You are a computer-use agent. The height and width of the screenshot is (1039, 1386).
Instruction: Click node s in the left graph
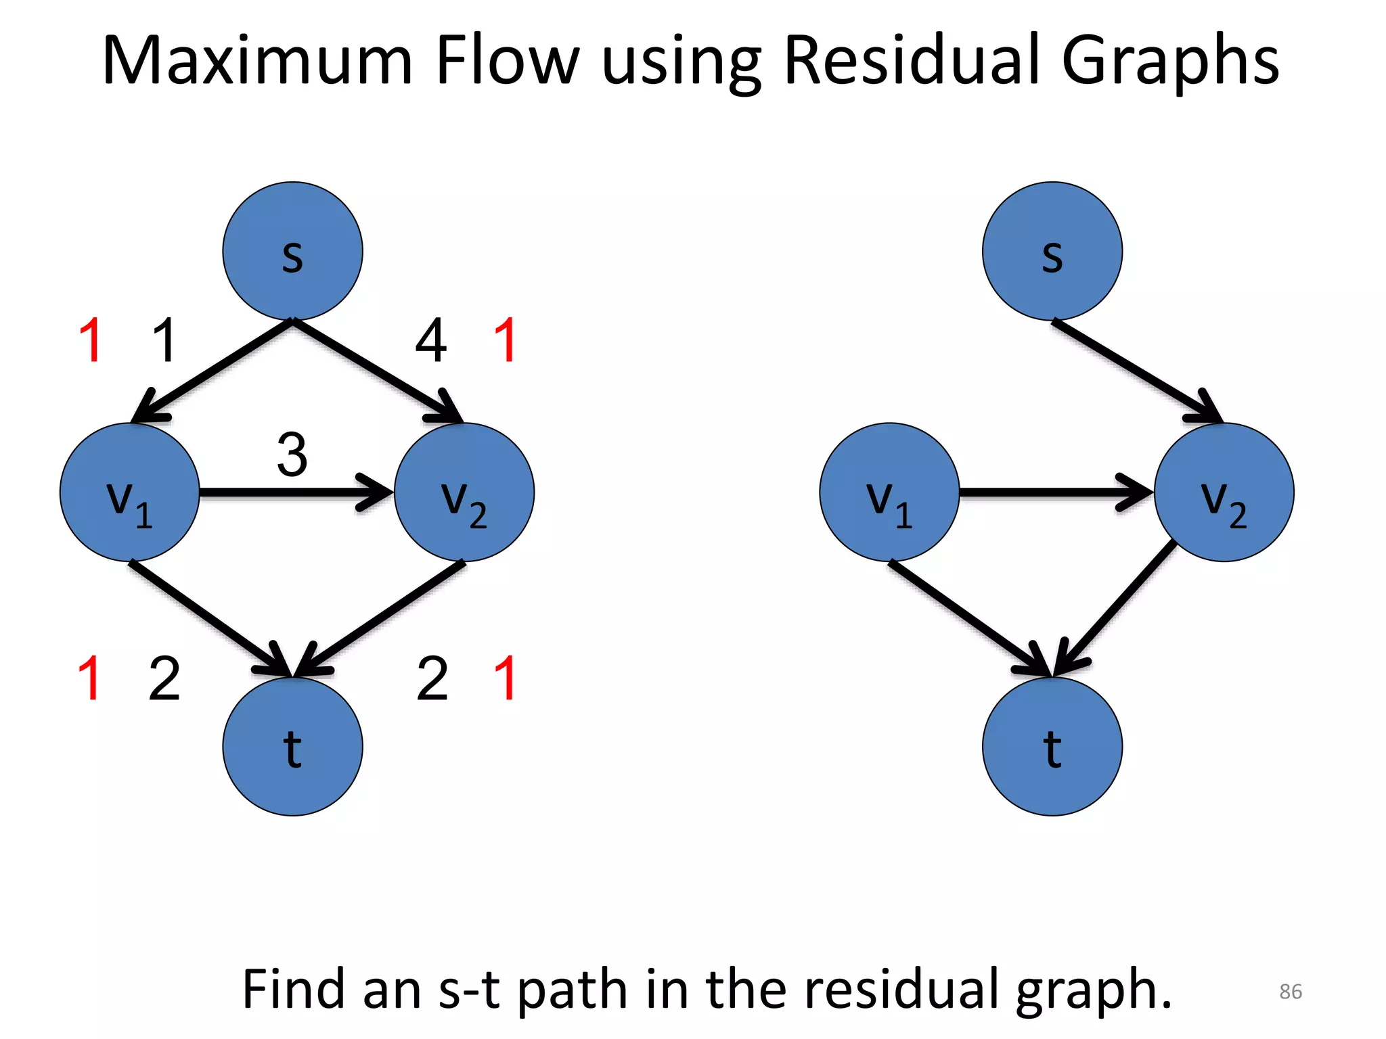pos(292,251)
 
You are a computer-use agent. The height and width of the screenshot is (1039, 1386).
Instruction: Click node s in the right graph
pos(1052,251)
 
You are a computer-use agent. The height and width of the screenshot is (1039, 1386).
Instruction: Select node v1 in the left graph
pos(129,492)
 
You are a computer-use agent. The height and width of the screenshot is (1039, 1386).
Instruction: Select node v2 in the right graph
pos(1224,492)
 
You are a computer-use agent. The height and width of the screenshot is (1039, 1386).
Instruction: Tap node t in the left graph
pos(292,747)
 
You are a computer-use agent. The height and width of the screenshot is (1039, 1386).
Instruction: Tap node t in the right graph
pos(1052,747)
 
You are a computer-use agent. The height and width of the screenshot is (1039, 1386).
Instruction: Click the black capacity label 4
pos(430,341)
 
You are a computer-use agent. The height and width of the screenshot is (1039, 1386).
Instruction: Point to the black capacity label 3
pos(292,455)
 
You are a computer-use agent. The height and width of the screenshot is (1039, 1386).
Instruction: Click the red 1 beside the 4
pos(506,341)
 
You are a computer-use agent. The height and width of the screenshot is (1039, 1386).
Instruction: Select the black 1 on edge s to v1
pos(164,341)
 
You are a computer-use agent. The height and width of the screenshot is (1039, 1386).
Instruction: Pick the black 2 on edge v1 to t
pos(164,678)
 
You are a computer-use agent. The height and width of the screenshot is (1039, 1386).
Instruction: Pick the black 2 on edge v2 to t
pos(432,678)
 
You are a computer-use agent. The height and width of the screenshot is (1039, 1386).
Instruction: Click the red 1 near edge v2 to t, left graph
pos(506,678)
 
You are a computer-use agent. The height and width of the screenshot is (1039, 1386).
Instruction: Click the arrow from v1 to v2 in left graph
pos(296,492)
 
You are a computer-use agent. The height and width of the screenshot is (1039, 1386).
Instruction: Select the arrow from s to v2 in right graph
pos(1137,372)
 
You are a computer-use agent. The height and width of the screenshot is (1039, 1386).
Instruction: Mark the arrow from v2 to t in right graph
pos(1117,605)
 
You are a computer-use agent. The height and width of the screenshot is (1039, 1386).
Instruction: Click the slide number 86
pos(1290,992)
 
